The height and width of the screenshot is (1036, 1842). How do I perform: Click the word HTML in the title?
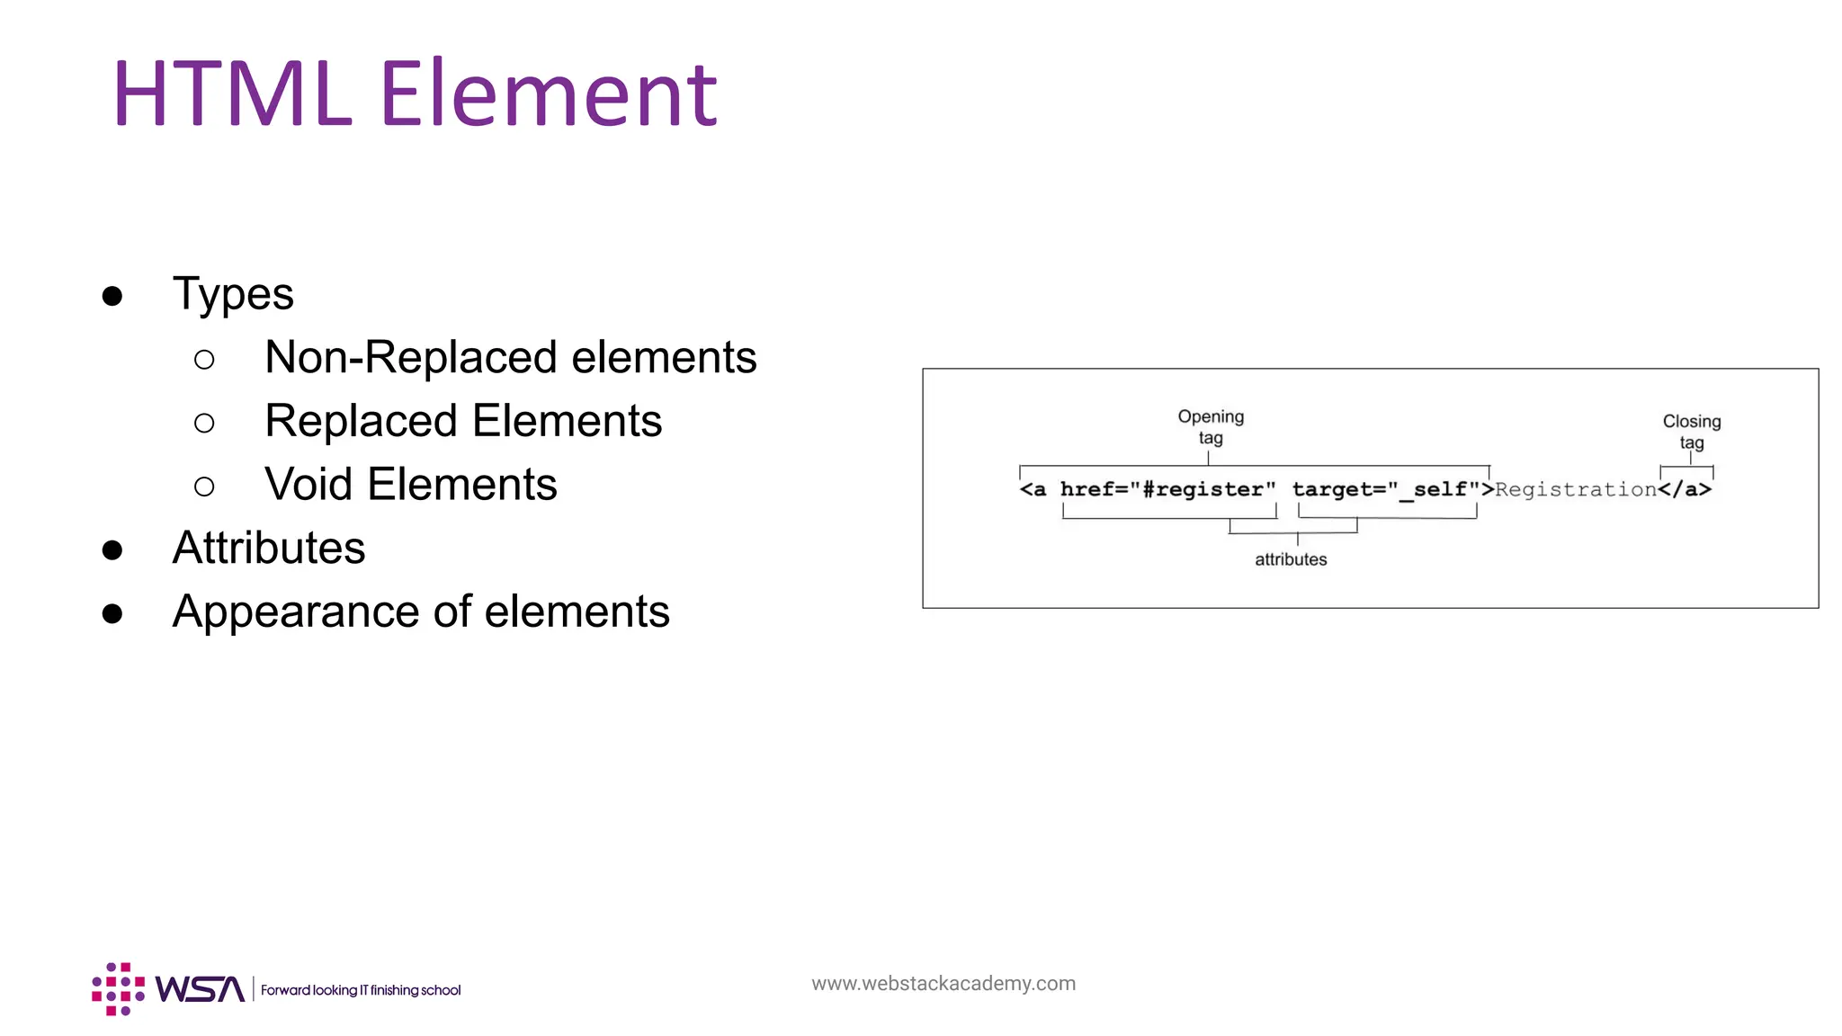[231, 94]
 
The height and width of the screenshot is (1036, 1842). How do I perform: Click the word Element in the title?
[549, 94]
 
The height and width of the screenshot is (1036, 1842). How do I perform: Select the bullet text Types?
[233, 294]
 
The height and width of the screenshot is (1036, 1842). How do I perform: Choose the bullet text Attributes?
[269, 548]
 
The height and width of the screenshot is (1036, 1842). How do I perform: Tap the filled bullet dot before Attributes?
[112, 549]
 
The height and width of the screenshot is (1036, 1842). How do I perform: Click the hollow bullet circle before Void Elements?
[204, 487]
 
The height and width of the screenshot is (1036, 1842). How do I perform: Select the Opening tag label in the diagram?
[1211, 427]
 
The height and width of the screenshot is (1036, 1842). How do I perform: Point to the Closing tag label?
[1691, 432]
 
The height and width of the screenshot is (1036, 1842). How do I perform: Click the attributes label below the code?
[1291, 559]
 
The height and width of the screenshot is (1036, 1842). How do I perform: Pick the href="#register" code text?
[1167, 489]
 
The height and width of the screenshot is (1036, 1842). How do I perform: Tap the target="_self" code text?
[1386, 489]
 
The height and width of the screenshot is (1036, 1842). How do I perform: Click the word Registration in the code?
[1576, 489]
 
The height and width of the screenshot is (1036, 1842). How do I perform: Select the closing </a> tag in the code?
[1685, 489]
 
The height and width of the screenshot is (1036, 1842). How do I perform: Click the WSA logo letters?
[200, 989]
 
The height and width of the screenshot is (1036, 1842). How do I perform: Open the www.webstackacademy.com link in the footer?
[943, 983]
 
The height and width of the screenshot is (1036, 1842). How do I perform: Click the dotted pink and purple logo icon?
[118, 989]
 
